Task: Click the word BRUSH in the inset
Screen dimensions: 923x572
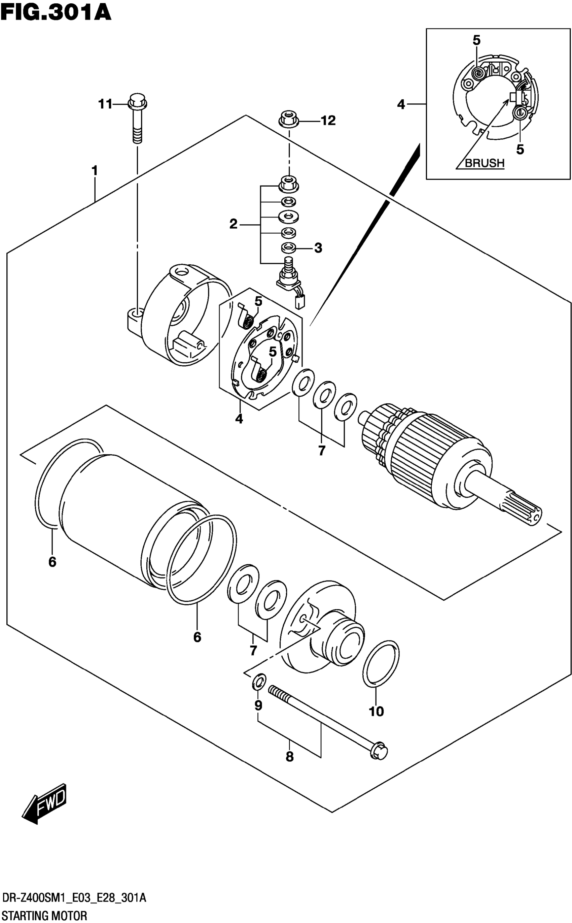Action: [484, 163]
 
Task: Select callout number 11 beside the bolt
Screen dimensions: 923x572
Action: [106, 104]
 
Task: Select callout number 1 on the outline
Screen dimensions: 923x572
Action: [95, 171]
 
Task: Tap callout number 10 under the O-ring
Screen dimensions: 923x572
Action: [376, 712]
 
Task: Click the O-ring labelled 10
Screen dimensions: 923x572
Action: [381, 663]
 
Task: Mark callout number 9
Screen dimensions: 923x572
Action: [258, 705]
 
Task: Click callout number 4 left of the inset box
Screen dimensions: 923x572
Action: [401, 104]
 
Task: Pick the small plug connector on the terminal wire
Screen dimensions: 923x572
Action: [301, 302]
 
